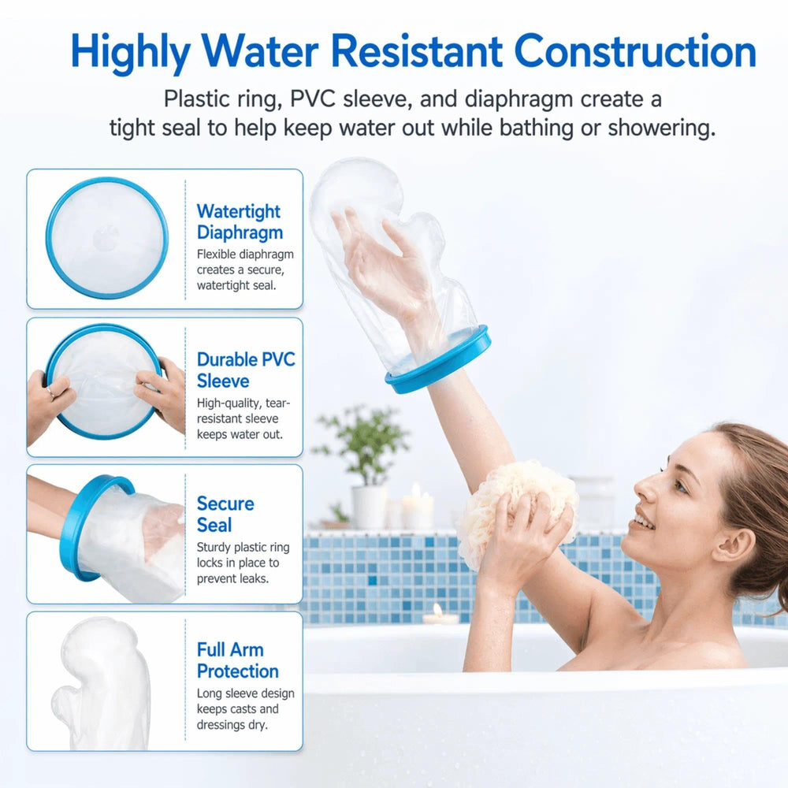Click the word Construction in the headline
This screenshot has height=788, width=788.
(635, 51)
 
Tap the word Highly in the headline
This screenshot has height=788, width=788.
(131, 54)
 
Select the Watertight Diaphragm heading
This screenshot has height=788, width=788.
(240, 221)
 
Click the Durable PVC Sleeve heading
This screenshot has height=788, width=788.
(246, 370)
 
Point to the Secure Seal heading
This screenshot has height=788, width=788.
(225, 514)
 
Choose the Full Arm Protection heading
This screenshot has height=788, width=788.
(238, 660)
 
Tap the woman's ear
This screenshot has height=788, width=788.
(734, 545)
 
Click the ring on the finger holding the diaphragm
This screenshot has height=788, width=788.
(51, 392)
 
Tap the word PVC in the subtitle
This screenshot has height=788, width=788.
(313, 99)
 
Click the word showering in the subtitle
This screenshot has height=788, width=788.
(661, 128)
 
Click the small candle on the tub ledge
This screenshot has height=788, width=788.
(438, 614)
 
